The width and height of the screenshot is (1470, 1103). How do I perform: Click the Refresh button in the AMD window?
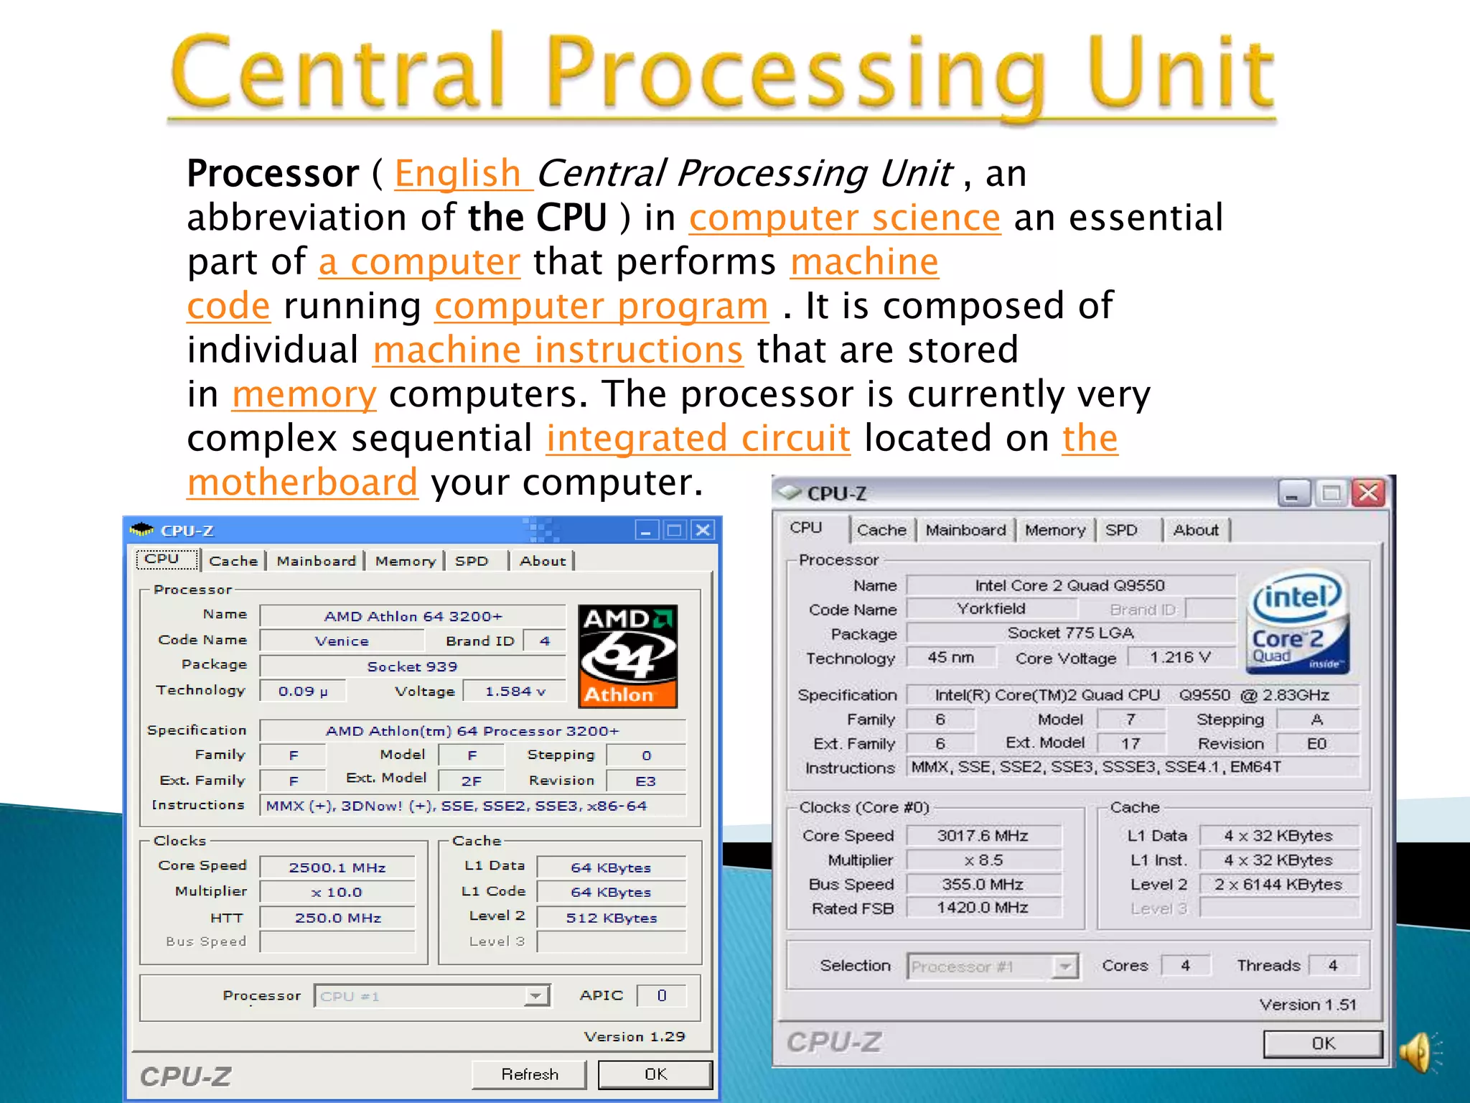529,1074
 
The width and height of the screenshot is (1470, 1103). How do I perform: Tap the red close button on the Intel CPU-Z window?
1368,493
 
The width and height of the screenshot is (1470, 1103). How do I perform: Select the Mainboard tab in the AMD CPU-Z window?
316,561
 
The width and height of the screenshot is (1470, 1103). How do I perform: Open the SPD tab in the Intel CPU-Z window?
1121,530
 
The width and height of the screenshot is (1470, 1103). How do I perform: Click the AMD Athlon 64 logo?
627,656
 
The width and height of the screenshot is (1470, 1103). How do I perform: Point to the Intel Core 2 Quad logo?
1297,622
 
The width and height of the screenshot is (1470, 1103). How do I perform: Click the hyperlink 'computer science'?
844,218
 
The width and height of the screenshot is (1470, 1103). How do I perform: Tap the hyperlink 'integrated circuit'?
698,438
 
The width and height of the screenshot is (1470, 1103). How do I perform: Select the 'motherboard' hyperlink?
302,482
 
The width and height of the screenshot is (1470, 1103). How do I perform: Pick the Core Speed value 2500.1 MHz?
337,867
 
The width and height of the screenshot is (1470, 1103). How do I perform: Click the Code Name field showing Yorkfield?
991,609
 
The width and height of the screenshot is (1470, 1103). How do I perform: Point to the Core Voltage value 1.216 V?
1181,657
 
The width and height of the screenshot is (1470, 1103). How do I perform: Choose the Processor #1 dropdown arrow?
1065,967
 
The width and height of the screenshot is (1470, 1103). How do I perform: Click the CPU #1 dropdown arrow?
535,996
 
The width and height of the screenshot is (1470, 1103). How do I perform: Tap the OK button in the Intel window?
1322,1043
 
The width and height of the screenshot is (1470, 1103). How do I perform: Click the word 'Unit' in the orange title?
1181,75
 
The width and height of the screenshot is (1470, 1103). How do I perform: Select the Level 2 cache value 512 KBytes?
611,918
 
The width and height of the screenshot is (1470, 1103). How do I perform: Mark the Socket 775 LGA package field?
1069,633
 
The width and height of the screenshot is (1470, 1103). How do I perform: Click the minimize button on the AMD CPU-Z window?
646,531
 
